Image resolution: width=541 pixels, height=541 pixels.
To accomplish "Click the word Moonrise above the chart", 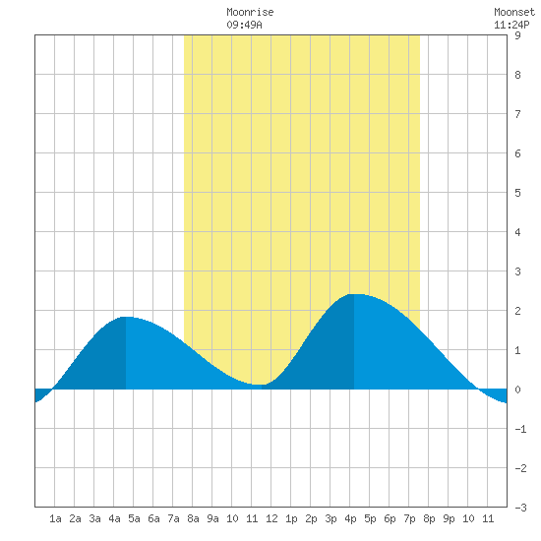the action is (x=250, y=12).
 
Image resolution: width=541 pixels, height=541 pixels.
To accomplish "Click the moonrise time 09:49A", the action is (x=244, y=25).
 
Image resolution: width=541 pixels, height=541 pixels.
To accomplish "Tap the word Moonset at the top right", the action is (x=514, y=12).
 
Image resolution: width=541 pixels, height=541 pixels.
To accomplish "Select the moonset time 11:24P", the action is (x=511, y=25).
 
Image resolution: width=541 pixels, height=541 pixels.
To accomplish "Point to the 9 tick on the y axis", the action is (x=517, y=35).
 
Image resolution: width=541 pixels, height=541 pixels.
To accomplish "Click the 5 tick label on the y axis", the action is (x=517, y=193).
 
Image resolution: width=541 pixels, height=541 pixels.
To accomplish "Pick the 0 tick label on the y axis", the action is (x=517, y=390).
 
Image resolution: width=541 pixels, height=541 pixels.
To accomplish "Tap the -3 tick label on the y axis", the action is (x=520, y=508).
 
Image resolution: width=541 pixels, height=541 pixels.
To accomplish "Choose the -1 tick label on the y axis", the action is (x=520, y=429).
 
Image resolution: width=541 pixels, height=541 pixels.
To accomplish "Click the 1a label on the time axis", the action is (x=55, y=518).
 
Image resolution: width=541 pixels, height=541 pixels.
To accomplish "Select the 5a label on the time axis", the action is (x=134, y=518).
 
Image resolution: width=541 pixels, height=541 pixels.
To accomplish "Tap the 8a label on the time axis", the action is (x=193, y=518).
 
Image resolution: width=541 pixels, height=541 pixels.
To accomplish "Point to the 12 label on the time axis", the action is (x=271, y=518).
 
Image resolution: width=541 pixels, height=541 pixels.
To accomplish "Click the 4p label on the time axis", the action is (x=350, y=518).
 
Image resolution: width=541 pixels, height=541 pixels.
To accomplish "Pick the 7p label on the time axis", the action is (x=409, y=518).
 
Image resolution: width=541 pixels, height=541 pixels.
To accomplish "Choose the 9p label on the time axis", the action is (x=449, y=518).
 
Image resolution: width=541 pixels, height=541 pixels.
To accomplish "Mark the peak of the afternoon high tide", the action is (x=354, y=294).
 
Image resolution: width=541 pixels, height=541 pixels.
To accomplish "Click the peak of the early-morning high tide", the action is (x=126, y=317).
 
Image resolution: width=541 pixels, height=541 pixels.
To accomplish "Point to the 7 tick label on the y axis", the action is (x=517, y=114).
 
